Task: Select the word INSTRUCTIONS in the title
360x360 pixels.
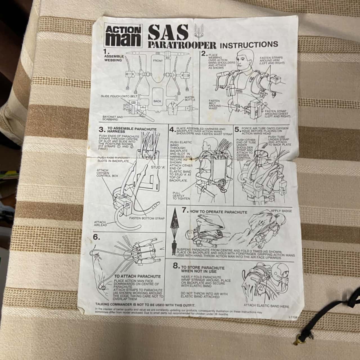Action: pyautogui.click(x=249, y=44)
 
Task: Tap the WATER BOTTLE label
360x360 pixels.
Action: pyautogui.click(x=190, y=98)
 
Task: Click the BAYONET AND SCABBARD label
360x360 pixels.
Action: pyautogui.click(x=112, y=118)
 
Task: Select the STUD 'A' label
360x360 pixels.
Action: pyautogui.click(x=158, y=168)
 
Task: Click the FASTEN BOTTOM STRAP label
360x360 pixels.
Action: pyautogui.click(x=147, y=218)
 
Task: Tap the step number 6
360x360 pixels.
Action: pyautogui.click(x=96, y=237)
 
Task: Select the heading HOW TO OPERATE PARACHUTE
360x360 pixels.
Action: pyautogui.click(x=215, y=211)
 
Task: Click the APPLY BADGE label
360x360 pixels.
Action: pyautogui.click(x=281, y=211)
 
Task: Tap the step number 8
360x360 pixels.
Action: pyautogui.click(x=176, y=265)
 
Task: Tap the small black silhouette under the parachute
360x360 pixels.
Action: pyautogui.click(x=174, y=247)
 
